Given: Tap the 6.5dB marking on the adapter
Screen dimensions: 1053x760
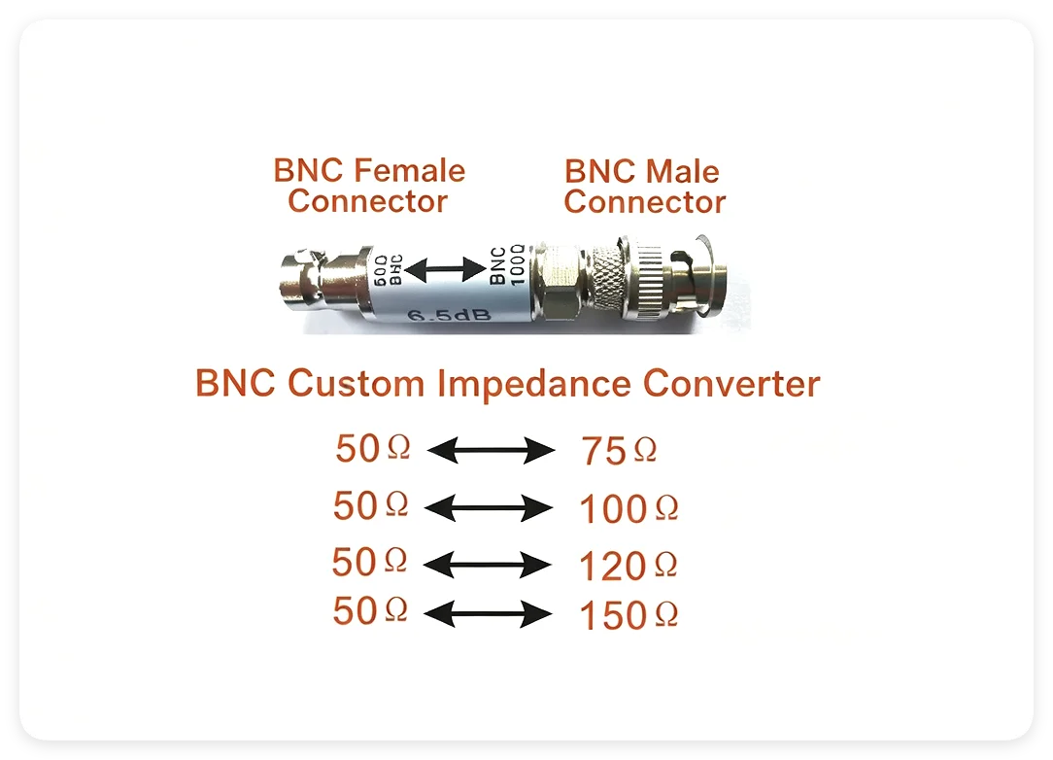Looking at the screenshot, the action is click(x=449, y=315).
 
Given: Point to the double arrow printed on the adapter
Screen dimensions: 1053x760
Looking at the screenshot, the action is click(x=445, y=270).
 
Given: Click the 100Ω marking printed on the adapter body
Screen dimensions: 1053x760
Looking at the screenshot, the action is click(x=517, y=264).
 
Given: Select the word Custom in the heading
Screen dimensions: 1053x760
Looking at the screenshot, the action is click(x=356, y=383).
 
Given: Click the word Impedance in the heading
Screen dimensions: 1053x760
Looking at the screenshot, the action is click(x=534, y=384).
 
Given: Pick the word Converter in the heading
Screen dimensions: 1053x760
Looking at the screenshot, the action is click(x=731, y=384).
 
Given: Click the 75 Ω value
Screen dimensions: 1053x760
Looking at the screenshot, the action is click(x=619, y=450).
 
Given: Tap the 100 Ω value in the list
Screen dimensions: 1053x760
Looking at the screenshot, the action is click(x=628, y=508).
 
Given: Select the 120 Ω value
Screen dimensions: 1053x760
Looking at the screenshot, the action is click(x=628, y=565).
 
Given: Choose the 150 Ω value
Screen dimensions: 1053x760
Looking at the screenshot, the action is click(x=628, y=615).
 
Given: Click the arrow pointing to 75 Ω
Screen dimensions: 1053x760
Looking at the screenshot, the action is click(x=491, y=450).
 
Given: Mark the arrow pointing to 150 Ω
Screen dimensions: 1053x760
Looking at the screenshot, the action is click(x=489, y=614).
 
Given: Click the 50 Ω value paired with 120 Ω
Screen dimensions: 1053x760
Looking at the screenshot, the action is click(x=369, y=562).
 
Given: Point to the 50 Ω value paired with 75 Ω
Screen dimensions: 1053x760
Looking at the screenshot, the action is click(x=373, y=448).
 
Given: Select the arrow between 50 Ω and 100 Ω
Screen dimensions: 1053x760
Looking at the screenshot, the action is click(x=489, y=507).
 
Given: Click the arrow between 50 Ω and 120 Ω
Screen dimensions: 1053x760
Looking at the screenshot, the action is click(x=488, y=565).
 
